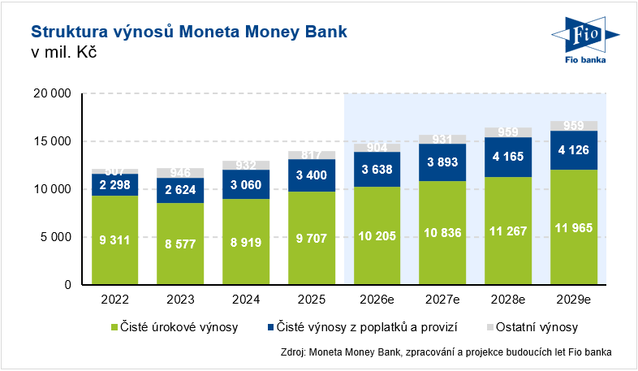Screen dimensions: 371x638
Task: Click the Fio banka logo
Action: click(x=584, y=41)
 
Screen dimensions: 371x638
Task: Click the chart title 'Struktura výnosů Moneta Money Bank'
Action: click(x=188, y=32)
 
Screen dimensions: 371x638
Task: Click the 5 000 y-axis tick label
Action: click(x=55, y=237)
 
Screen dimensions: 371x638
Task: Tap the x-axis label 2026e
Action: click(x=377, y=299)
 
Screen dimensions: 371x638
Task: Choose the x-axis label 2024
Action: click(x=246, y=299)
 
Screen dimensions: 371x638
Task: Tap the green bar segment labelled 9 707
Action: click(x=312, y=238)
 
